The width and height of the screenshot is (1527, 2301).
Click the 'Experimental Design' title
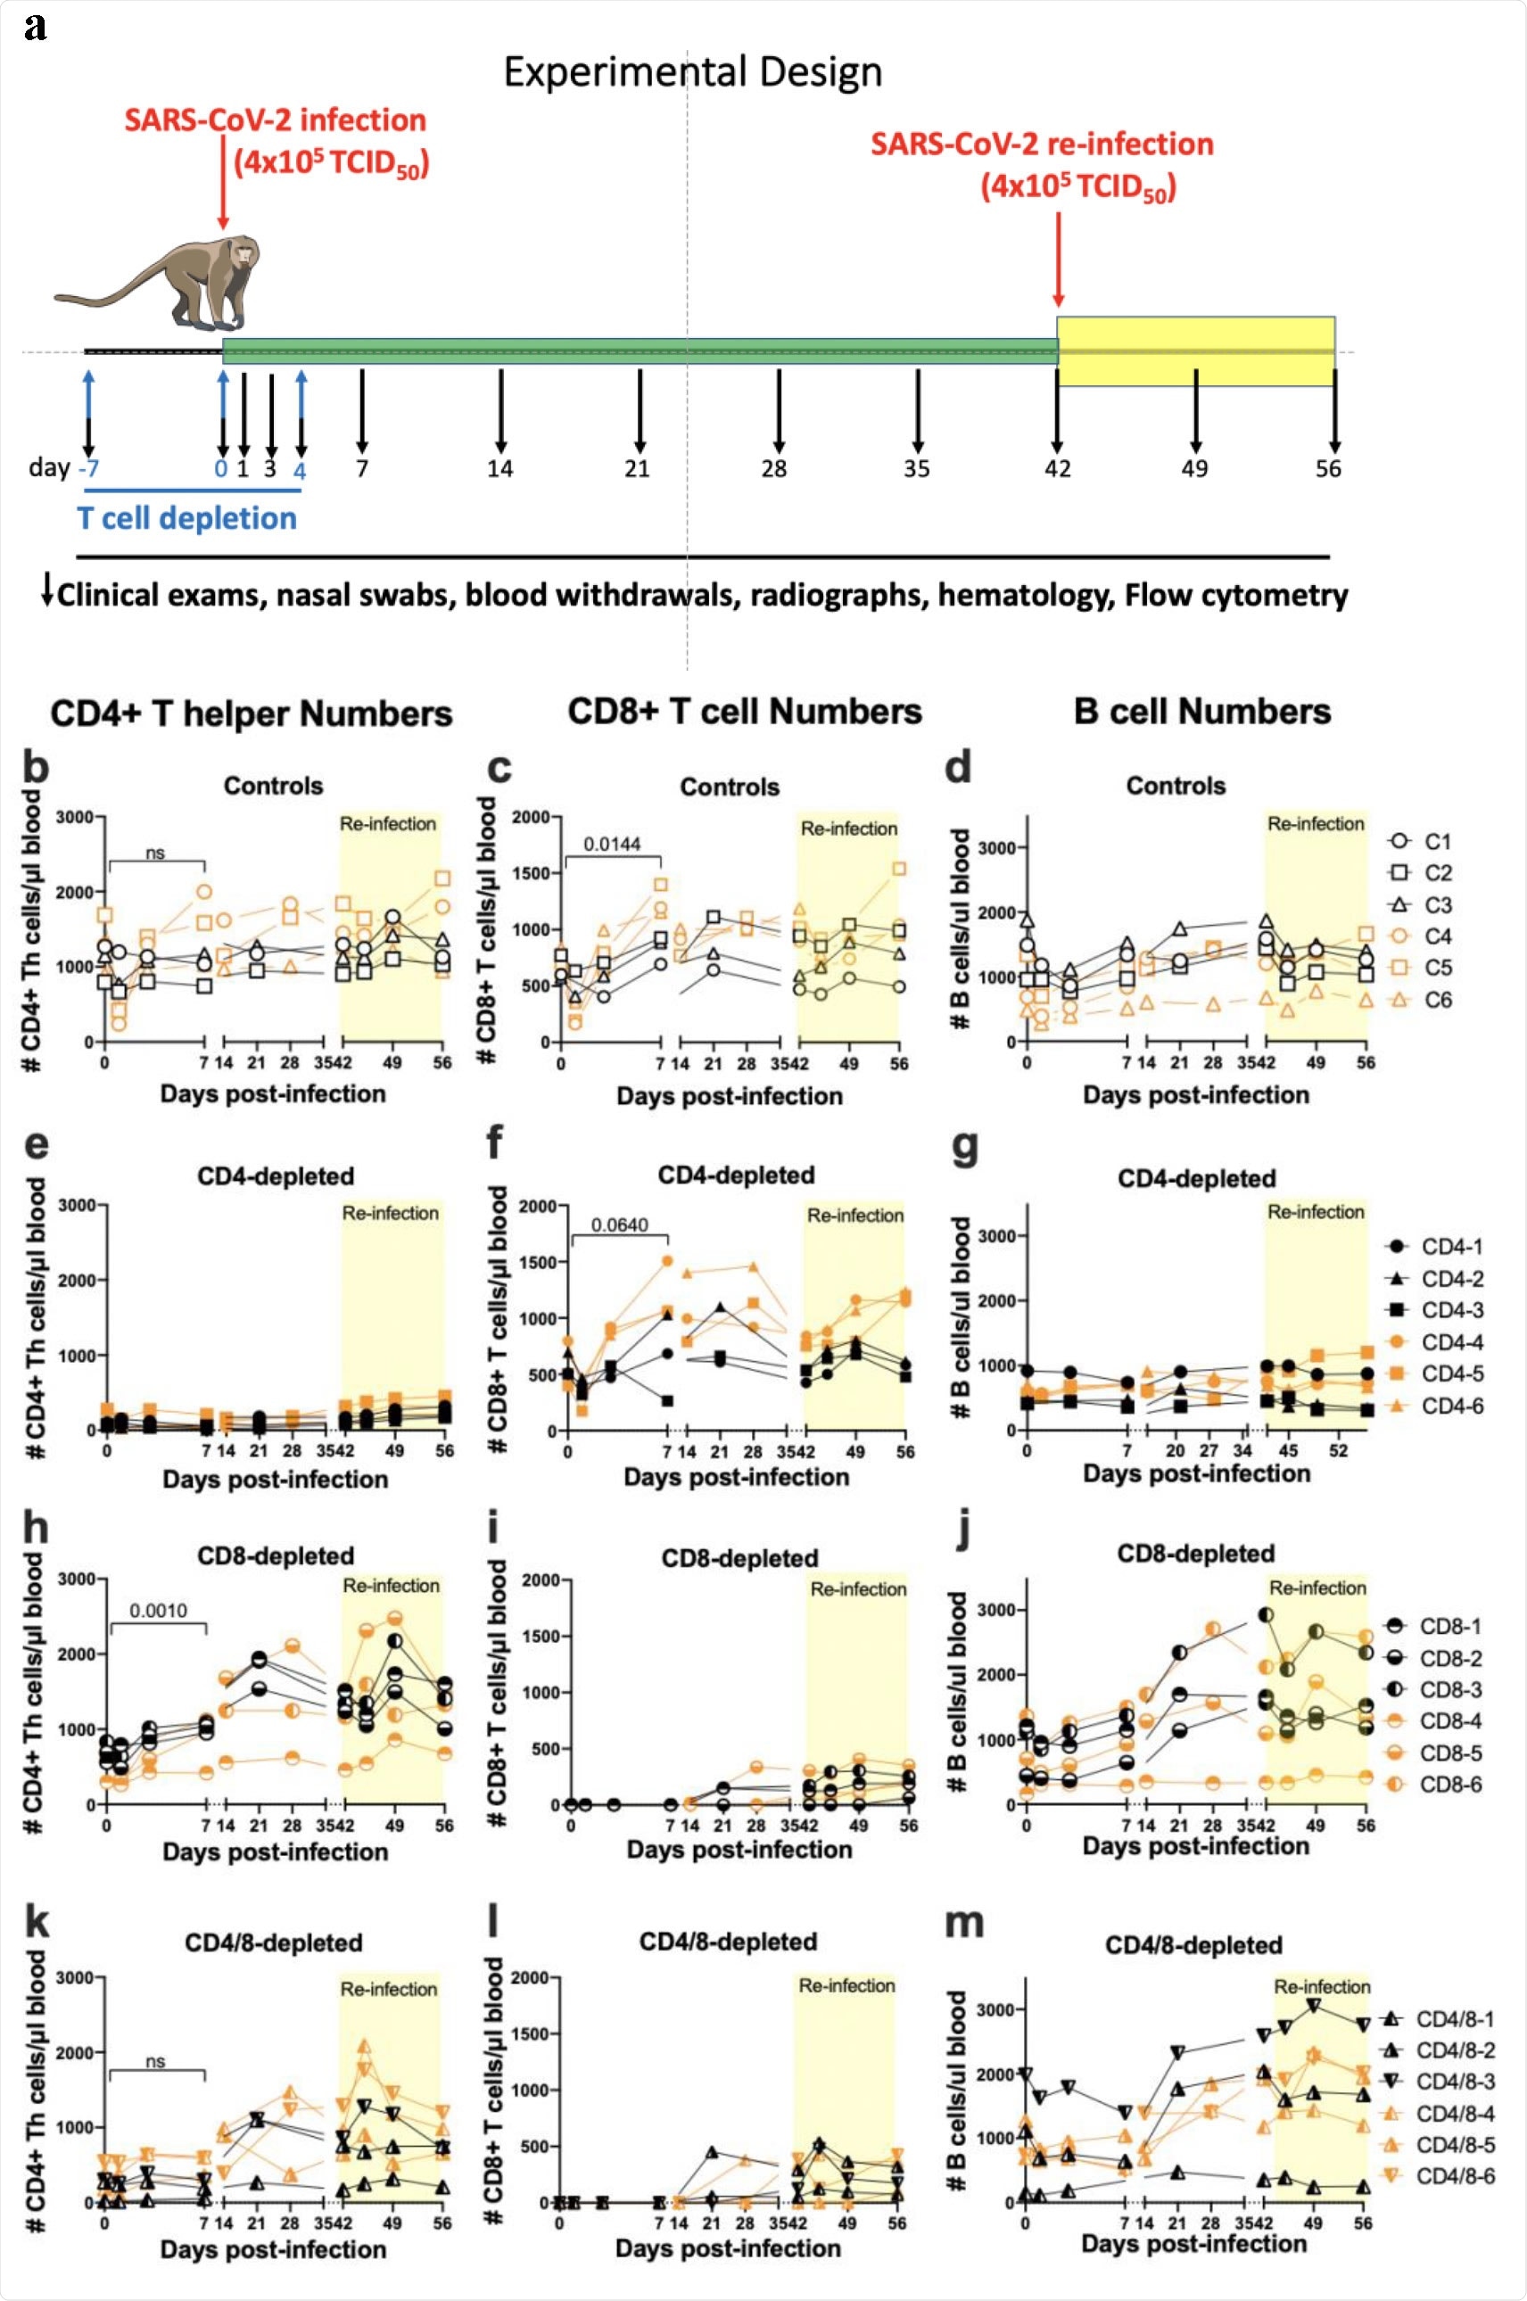[x=692, y=73]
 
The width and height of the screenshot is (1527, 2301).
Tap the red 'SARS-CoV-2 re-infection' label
[x=1041, y=144]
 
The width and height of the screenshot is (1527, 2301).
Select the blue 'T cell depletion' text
[x=187, y=518]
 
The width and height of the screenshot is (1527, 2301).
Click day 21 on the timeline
[x=637, y=469]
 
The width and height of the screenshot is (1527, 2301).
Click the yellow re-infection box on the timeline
[x=1196, y=351]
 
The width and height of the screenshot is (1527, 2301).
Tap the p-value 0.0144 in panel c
[x=612, y=844]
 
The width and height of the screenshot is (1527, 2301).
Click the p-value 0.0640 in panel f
[x=619, y=1225]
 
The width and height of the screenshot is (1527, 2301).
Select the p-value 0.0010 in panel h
[x=158, y=1611]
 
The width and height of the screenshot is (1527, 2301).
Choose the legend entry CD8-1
[x=1450, y=1626]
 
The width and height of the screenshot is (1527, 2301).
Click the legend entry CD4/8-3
[x=1454, y=2081]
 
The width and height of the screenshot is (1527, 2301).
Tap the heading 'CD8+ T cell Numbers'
[x=744, y=711]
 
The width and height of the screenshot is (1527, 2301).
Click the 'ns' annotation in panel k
[x=155, y=2061]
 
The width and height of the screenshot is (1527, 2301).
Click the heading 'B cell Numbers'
[x=1201, y=711]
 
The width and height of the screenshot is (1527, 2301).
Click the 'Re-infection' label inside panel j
[x=1317, y=1588]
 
